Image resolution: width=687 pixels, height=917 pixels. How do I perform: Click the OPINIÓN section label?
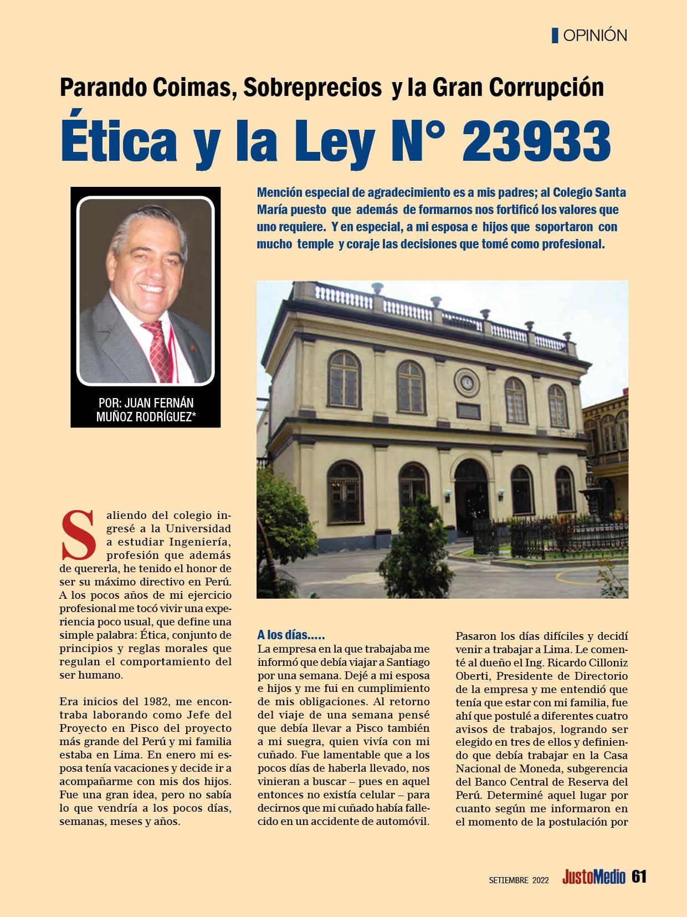[x=594, y=35]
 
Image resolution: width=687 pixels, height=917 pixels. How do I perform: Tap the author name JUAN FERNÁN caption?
[x=146, y=403]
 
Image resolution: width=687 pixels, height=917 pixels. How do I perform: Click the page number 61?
[x=639, y=877]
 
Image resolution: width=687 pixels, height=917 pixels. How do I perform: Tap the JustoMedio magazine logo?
[x=594, y=877]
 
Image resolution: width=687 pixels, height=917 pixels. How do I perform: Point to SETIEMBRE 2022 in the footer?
[x=519, y=879]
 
